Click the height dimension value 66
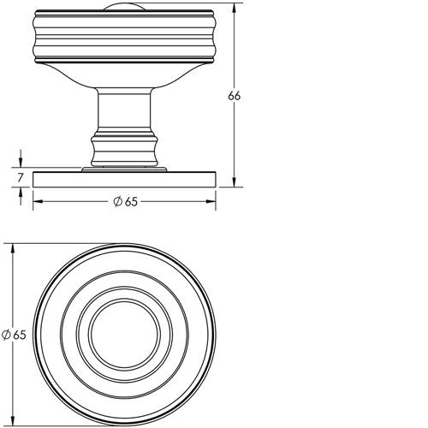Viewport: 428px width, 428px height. [x=234, y=97]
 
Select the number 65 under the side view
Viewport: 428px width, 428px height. [x=130, y=201]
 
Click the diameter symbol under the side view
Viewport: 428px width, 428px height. [x=116, y=201]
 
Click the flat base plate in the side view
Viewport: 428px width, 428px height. [x=123, y=179]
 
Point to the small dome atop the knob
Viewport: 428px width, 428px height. [x=123, y=8]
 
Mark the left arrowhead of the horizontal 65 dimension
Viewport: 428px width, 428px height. [x=37, y=201]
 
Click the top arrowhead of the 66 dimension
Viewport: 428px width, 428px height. [x=234, y=9]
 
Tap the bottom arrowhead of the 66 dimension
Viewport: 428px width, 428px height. [x=234, y=182]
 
